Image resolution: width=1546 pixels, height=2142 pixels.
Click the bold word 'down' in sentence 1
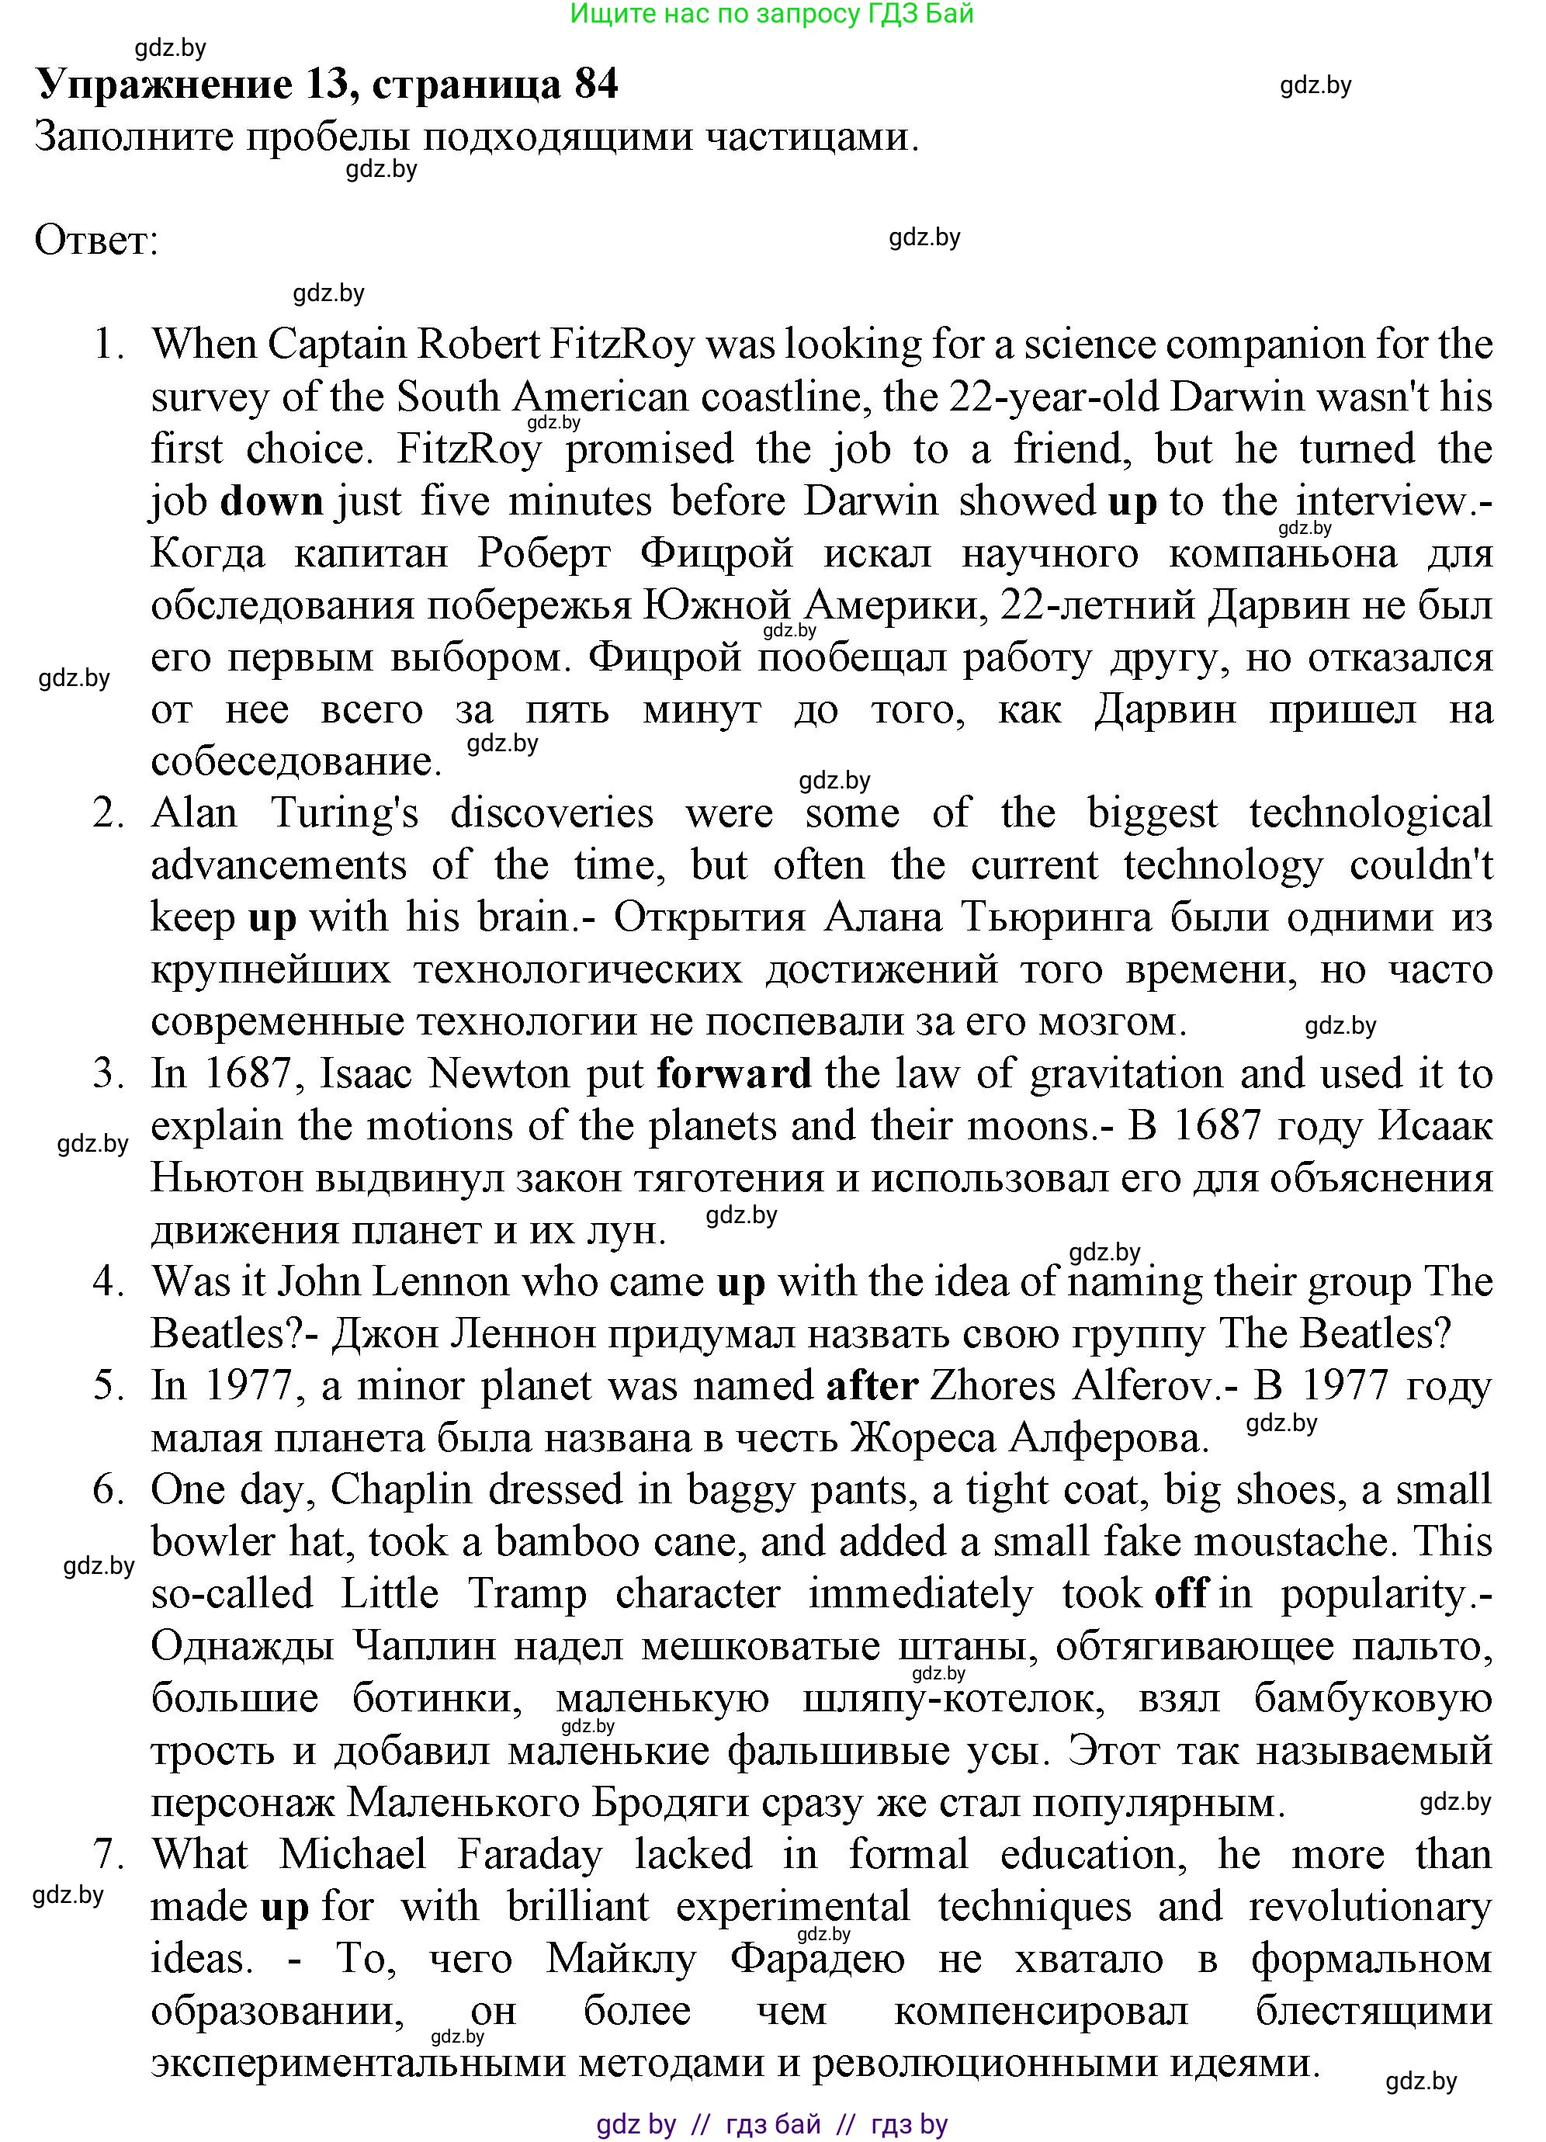tap(272, 501)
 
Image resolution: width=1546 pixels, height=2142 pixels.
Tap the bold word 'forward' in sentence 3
tap(734, 1074)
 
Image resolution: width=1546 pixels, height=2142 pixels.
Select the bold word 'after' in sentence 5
tap(872, 1385)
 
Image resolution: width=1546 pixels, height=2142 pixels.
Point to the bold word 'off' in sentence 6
tap(1181, 1594)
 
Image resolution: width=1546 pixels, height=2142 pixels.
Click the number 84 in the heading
tap(596, 85)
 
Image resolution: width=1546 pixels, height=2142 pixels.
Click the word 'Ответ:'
tap(96, 241)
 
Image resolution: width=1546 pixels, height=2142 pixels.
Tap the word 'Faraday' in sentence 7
tap(530, 1854)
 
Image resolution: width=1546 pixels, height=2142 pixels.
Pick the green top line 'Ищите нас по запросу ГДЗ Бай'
tap(771, 14)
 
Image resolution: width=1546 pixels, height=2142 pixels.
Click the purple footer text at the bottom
tap(771, 2124)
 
